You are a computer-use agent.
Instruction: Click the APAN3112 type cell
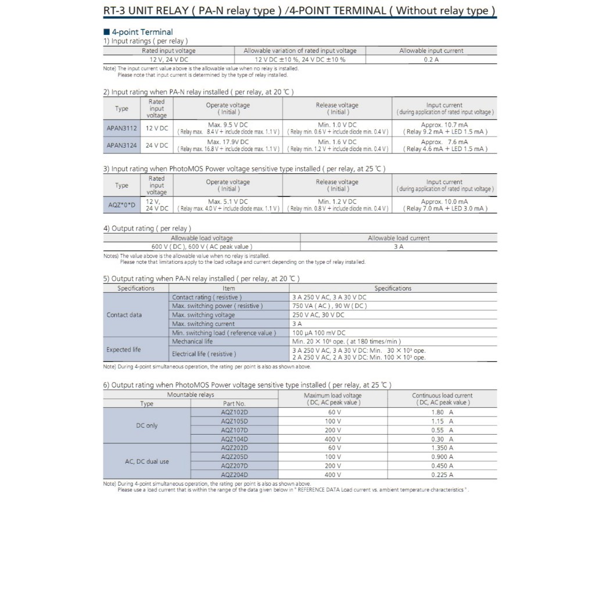click(122, 128)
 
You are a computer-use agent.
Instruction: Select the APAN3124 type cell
click(122, 145)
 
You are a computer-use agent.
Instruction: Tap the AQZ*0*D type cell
click(122, 205)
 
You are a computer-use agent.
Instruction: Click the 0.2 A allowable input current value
click(431, 59)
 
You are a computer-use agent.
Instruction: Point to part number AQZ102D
click(234, 412)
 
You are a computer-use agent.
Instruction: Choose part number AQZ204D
click(234, 475)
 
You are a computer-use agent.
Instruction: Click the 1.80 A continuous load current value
click(442, 412)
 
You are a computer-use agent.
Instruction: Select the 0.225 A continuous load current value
click(442, 475)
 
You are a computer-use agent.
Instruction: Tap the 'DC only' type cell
click(147, 425)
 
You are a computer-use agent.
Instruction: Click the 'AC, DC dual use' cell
click(147, 461)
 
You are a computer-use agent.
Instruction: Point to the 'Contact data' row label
click(124, 315)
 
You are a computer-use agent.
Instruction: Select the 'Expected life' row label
click(123, 350)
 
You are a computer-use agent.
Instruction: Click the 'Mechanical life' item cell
click(192, 342)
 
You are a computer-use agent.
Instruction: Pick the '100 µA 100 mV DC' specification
click(319, 333)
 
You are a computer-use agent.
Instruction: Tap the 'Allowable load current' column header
click(399, 238)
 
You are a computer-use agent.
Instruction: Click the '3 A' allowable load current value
click(399, 246)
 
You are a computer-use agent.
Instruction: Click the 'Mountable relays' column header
click(191, 395)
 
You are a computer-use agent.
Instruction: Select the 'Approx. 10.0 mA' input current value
click(445, 202)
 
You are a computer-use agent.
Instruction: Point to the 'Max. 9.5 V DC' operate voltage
click(228, 124)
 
